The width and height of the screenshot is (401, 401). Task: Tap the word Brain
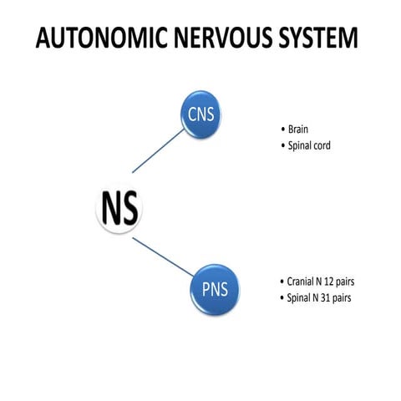click(x=298, y=129)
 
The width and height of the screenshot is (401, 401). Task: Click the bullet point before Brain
click(x=282, y=130)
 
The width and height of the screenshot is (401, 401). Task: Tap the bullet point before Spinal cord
click(x=282, y=147)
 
